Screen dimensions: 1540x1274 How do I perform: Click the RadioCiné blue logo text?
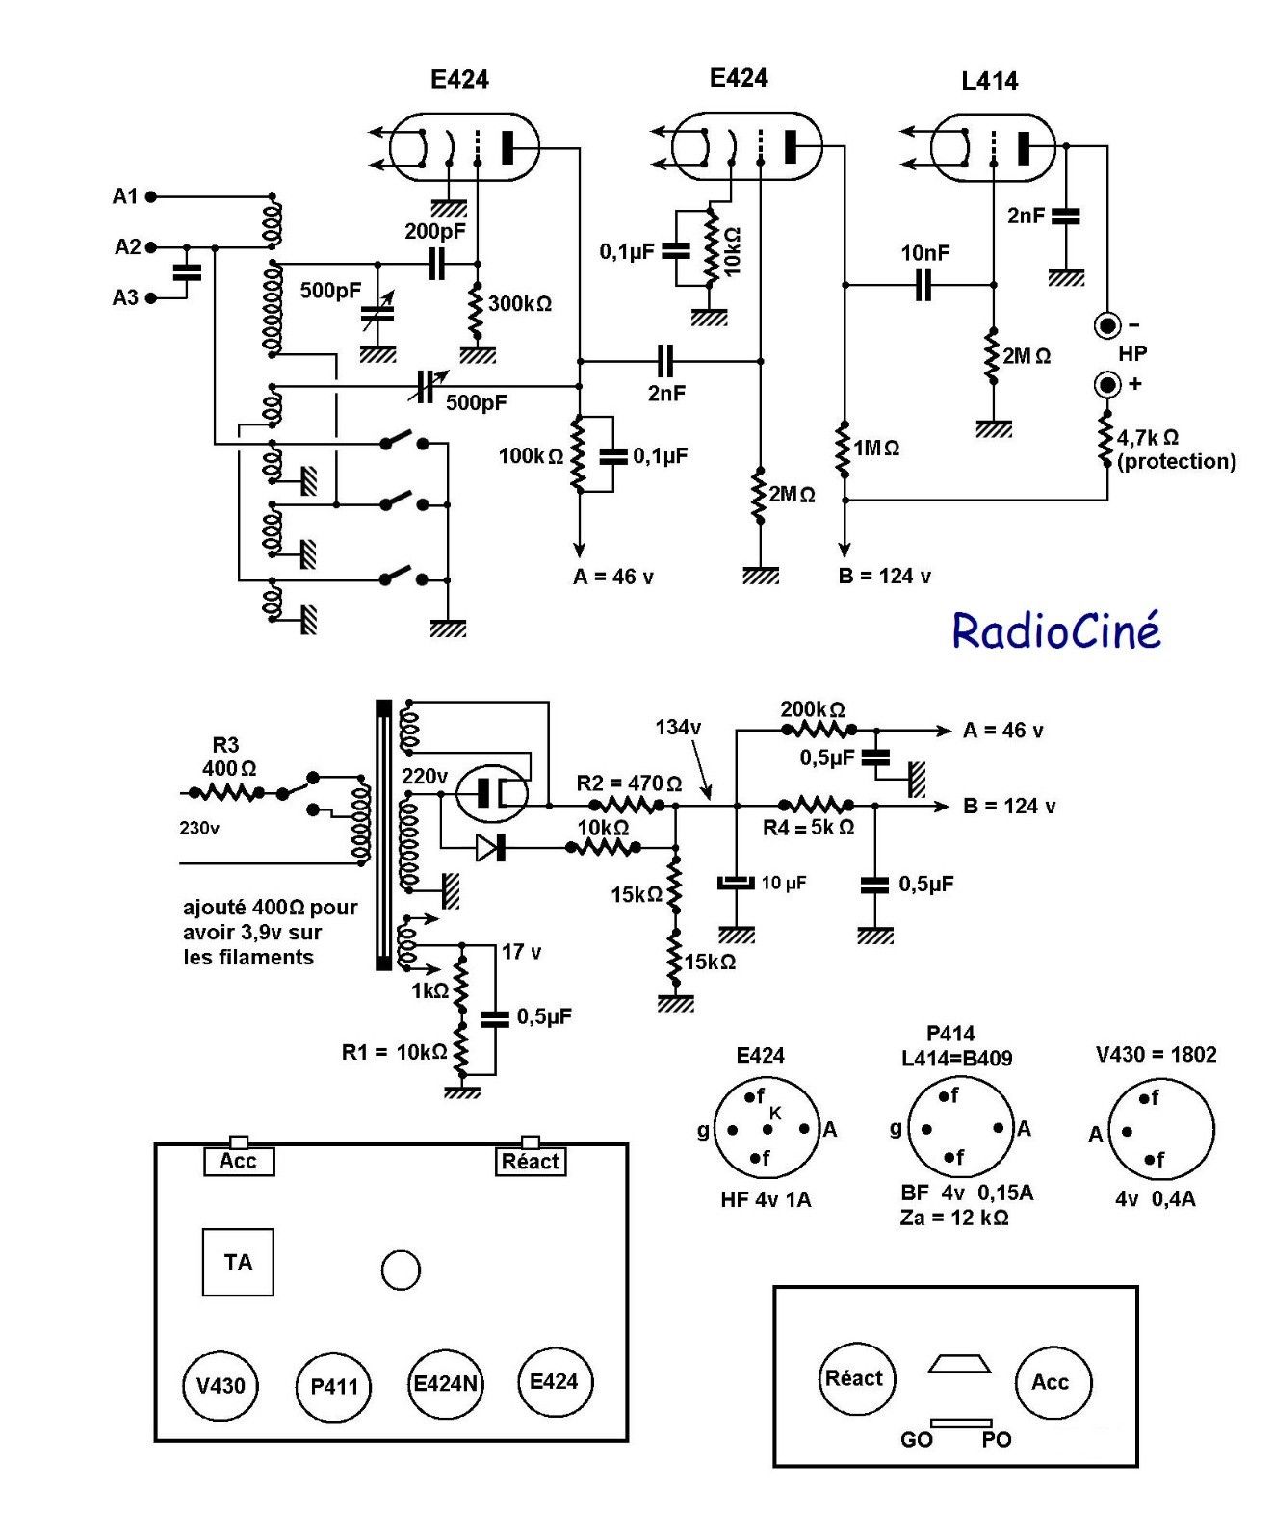tap(1055, 631)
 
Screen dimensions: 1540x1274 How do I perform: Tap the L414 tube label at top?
tap(989, 82)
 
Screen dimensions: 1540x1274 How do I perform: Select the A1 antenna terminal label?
tap(125, 196)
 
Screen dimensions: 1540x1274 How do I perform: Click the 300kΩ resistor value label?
tap(520, 304)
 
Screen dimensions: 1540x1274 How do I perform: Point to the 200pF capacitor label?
tap(434, 231)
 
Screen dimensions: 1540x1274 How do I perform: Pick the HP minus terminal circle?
tap(1107, 325)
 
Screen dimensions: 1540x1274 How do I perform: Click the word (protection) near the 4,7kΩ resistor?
tap(1176, 461)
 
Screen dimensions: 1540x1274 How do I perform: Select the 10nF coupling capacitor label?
tap(924, 253)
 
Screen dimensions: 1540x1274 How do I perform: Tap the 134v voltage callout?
tap(678, 728)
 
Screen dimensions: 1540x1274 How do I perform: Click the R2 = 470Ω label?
tap(629, 783)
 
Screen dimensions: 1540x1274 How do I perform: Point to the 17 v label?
tap(521, 952)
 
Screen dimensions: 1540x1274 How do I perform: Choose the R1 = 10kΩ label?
tap(394, 1052)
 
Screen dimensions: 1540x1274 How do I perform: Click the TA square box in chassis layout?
tap(238, 1262)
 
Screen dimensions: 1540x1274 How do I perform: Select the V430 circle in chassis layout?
tap(221, 1386)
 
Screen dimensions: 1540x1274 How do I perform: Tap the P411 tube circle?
tap(333, 1387)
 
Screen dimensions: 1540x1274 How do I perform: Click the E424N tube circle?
tap(445, 1384)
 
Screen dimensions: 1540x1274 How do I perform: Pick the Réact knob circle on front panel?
tap(854, 1379)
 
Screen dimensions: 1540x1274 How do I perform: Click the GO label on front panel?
tap(916, 1440)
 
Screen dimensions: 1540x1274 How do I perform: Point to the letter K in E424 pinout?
tap(775, 1113)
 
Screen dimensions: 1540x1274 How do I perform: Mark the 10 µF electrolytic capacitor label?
tap(784, 883)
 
